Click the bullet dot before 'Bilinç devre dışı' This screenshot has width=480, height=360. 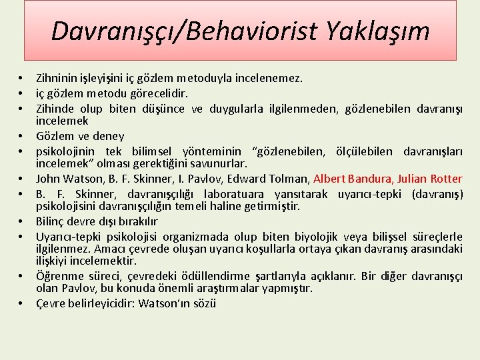(x=22, y=221)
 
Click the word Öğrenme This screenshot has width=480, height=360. (x=58, y=276)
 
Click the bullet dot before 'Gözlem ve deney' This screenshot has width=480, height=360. (x=22, y=136)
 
